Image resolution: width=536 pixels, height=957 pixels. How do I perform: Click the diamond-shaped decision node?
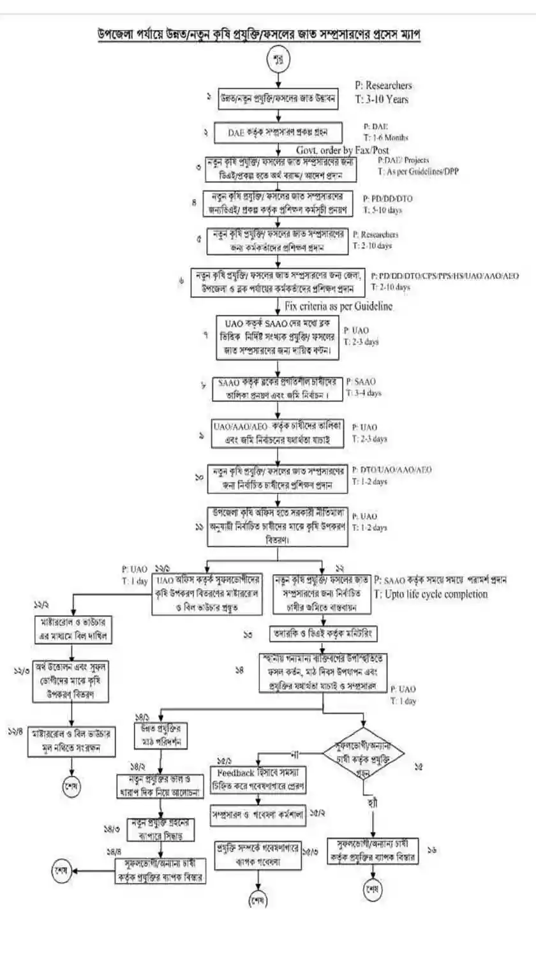point(364,755)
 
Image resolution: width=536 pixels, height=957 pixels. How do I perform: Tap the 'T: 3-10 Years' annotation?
point(382,99)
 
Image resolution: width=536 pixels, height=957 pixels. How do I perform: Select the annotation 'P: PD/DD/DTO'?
point(388,198)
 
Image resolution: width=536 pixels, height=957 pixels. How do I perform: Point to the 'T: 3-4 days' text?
point(364,393)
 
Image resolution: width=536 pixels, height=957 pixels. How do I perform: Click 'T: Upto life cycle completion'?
point(431,595)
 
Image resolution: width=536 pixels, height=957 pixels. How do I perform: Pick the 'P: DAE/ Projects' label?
point(403,160)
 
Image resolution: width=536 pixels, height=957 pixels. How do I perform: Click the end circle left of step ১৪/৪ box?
point(62,872)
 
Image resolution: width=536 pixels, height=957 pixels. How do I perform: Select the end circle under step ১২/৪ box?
point(71,787)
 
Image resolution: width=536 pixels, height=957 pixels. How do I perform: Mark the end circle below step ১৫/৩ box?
point(257,901)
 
